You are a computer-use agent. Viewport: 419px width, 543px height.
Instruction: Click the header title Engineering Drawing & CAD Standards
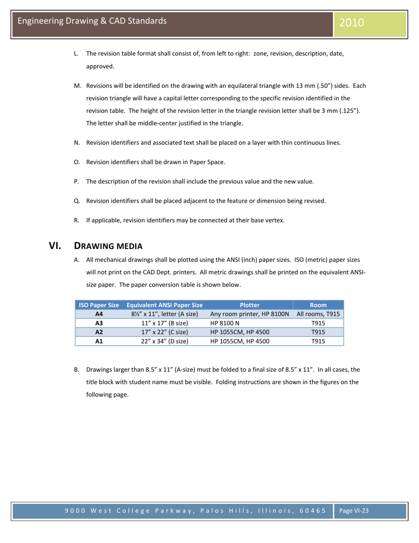click(x=92, y=21)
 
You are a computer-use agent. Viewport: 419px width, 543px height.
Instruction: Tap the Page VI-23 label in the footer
click(x=353, y=511)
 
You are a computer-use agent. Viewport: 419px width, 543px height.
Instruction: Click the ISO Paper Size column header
click(x=99, y=305)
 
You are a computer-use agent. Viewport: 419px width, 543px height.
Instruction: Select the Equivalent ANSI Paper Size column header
click(x=164, y=305)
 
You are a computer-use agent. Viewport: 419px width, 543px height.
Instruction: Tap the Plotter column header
click(x=249, y=305)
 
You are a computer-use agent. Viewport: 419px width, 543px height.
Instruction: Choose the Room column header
click(x=318, y=305)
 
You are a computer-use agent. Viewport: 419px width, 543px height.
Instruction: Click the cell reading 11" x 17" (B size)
click(x=164, y=323)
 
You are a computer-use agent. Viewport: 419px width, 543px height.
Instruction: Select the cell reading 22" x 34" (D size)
click(x=164, y=341)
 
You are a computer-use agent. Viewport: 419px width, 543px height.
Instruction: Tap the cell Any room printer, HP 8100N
click(x=249, y=314)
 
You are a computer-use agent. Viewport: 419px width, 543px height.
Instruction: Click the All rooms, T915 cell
click(x=318, y=314)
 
